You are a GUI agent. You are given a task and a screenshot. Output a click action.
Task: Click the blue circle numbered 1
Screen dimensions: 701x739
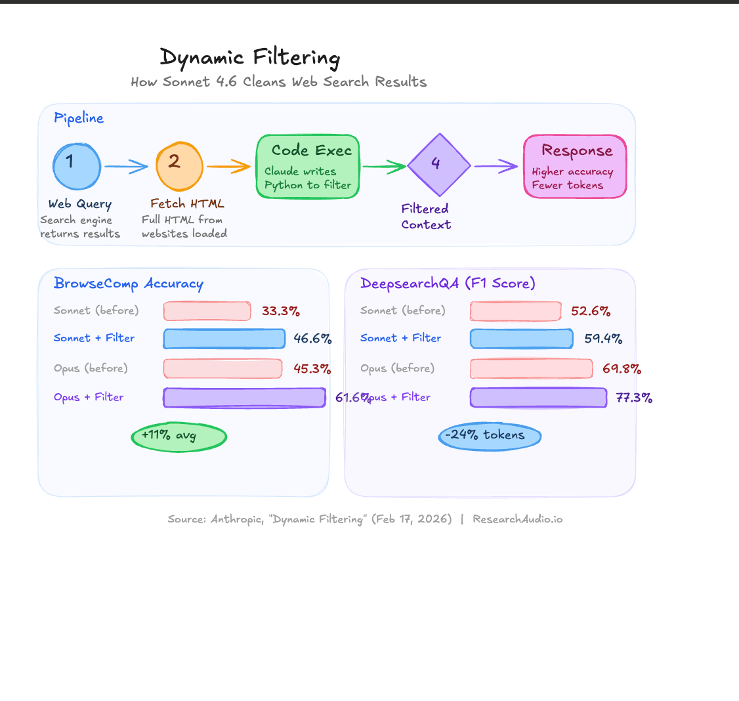[x=77, y=166]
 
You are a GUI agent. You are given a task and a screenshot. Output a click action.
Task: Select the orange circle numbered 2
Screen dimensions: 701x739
[x=179, y=166]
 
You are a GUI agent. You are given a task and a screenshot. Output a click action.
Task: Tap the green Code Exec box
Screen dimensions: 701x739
[x=308, y=167]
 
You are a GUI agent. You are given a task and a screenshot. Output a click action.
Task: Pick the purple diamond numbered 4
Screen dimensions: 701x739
[x=438, y=165]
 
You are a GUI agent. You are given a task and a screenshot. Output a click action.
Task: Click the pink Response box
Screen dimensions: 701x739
[x=575, y=166]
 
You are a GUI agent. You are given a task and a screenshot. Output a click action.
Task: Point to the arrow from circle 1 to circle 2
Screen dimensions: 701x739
[x=127, y=167]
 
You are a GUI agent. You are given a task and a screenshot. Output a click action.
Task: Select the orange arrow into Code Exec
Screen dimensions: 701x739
[x=229, y=167]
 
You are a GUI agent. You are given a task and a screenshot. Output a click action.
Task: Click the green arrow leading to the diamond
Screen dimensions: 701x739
[x=384, y=167]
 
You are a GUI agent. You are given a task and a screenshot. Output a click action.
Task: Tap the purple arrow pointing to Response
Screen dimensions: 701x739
[x=496, y=167]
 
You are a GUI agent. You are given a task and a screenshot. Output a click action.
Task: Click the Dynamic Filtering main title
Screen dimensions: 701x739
[x=250, y=58]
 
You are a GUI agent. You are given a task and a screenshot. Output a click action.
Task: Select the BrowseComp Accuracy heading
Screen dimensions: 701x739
[x=129, y=284]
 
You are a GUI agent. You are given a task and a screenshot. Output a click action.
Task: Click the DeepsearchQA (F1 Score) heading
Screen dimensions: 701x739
[x=448, y=284]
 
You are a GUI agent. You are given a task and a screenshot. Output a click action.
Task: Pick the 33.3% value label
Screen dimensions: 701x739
[x=281, y=311]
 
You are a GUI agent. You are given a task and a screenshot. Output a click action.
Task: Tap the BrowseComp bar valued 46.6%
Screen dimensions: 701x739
[x=224, y=339]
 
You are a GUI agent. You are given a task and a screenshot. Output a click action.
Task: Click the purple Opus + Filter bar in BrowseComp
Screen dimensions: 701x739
[x=244, y=398]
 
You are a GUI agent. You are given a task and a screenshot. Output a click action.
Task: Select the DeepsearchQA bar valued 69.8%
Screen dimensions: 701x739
[x=531, y=368]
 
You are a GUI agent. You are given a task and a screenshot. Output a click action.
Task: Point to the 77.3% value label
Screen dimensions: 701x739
[x=634, y=398]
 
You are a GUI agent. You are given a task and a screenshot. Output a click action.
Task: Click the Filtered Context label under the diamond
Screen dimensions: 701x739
[x=426, y=217]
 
